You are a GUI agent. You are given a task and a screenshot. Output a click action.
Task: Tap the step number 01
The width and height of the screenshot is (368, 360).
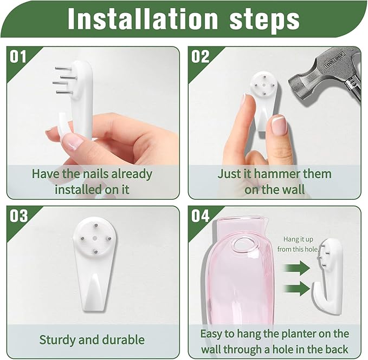(18, 56)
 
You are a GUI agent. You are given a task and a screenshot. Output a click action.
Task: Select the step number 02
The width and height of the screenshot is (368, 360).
(200, 56)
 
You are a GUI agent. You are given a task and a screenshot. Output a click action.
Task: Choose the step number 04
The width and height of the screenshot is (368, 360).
(200, 215)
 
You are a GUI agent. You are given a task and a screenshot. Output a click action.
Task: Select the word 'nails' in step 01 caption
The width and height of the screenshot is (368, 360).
(102, 174)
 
